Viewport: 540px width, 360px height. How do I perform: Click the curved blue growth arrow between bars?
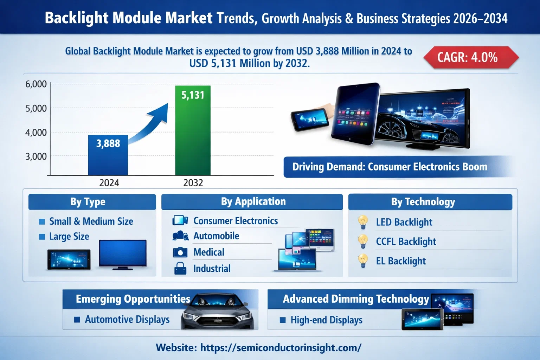pos(151,123)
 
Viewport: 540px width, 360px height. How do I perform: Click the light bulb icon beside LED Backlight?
pos(362,222)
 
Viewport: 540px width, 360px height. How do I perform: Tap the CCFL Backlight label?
pos(406,242)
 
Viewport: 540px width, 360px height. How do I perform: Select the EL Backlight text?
pos(401,261)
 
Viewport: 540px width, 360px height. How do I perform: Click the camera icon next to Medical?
pos(180,252)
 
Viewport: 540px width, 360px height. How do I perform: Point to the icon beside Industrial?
pos(180,269)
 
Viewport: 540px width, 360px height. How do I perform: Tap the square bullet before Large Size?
pos(42,237)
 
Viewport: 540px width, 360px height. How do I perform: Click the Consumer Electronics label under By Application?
pos(236,221)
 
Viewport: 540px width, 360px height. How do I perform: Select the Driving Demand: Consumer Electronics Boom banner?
pos(390,167)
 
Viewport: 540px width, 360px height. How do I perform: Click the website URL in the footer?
pos(281,348)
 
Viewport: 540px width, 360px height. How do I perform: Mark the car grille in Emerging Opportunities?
pos(217,320)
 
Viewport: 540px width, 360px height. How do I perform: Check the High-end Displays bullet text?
pos(326,320)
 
